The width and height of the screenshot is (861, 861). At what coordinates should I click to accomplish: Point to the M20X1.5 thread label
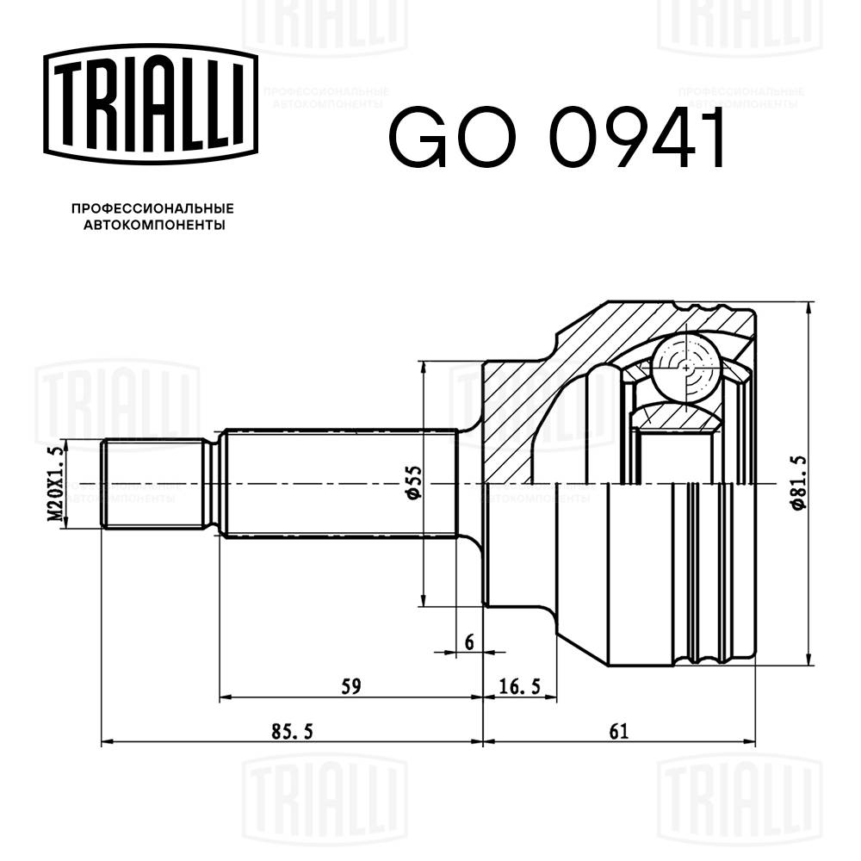coord(56,485)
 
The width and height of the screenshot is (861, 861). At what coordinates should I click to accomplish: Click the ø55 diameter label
coord(412,483)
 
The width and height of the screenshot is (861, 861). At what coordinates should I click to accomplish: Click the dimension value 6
coord(469,641)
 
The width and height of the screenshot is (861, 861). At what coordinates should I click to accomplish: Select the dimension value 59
coord(350,686)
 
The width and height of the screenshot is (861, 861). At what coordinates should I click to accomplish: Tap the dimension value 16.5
coord(519,686)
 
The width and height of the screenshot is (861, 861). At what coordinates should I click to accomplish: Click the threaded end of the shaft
coord(155,484)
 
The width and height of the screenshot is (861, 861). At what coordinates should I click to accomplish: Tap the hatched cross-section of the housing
coord(525,405)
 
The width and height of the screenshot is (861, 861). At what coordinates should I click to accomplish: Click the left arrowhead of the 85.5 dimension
coord(107,741)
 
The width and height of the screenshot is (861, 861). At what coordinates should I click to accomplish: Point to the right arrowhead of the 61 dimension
coord(752,741)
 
